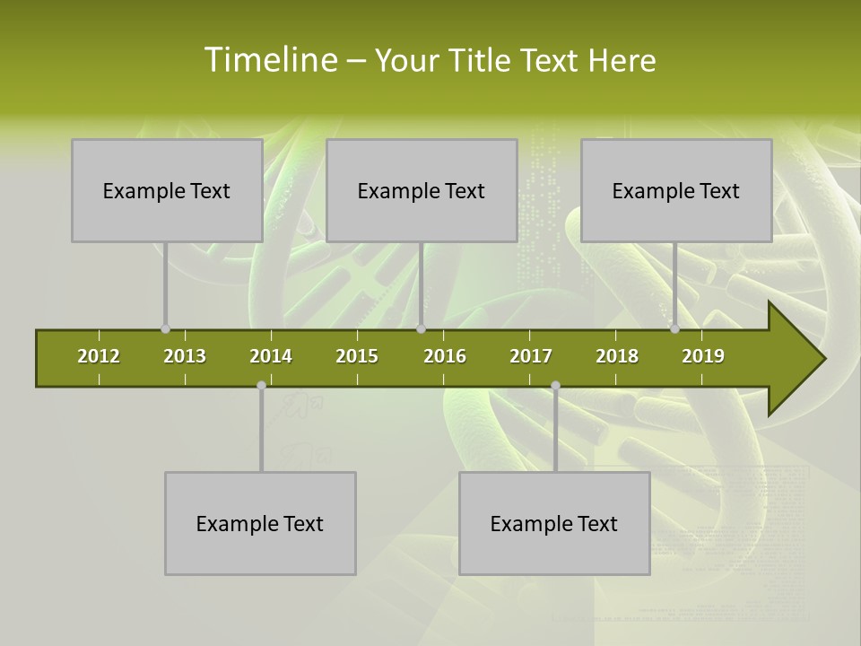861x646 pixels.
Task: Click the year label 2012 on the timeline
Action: point(99,356)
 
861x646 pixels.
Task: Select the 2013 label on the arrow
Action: point(185,356)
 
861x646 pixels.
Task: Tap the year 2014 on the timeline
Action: point(271,356)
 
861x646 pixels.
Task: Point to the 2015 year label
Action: point(357,356)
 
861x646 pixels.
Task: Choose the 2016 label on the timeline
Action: point(445,356)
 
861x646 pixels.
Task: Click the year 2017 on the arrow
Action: point(531,356)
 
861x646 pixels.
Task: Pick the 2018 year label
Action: point(617,356)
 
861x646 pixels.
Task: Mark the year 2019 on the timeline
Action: point(703,356)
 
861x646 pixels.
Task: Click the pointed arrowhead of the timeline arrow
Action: point(803,359)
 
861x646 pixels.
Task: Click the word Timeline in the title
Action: point(269,60)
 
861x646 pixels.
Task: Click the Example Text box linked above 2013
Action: point(167,190)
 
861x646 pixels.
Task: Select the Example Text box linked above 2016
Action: point(422,190)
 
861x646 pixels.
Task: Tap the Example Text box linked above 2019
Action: point(676,190)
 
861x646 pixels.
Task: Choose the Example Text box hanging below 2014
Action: point(260,523)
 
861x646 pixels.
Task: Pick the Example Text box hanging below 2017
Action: point(554,523)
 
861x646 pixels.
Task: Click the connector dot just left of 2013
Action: point(165,329)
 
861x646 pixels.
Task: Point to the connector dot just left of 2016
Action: point(421,329)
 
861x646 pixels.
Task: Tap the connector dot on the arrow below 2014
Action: point(261,386)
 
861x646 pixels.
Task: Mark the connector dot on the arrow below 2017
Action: point(555,386)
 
